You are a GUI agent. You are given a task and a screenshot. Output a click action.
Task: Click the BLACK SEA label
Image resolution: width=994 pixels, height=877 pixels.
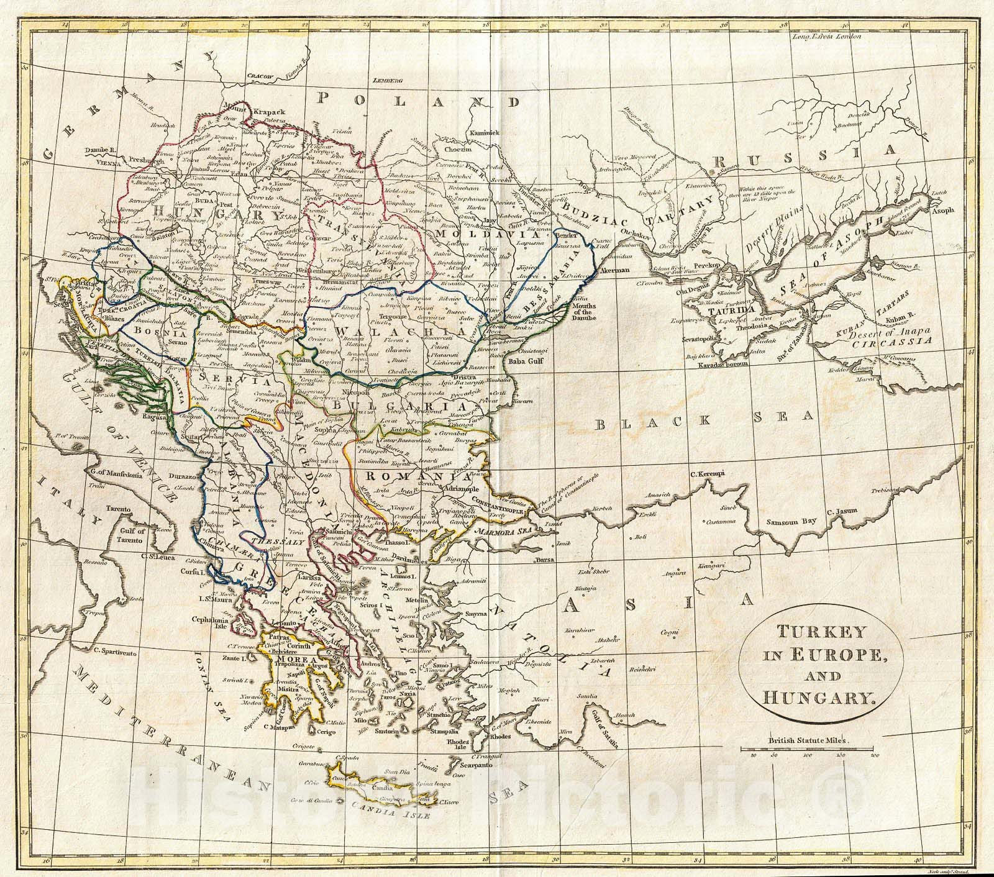703,422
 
